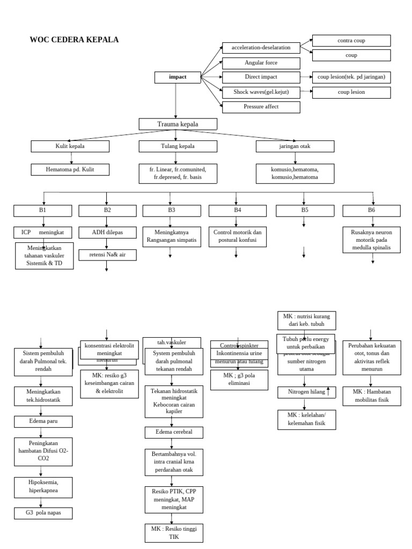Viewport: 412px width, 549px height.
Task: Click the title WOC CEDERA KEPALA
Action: tap(74, 40)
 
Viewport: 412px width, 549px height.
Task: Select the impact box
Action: tap(178, 77)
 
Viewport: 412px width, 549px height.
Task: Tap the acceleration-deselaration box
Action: tap(261, 48)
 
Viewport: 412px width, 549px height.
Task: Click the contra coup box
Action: tap(351, 41)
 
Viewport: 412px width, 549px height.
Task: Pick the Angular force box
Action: tap(261, 63)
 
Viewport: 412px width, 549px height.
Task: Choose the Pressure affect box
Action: tap(261, 107)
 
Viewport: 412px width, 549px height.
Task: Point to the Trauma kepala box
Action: tap(178, 124)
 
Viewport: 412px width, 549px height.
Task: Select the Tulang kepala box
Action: tap(178, 146)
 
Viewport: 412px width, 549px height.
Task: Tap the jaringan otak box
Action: tap(295, 146)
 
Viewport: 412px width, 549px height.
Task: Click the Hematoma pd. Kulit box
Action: tap(70, 170)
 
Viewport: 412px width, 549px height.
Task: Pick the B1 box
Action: tap(43, 210)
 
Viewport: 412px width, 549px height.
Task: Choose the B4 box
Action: tap(238, 210)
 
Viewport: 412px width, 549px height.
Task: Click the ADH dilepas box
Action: tap(107, 233)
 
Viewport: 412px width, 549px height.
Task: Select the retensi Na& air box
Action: tap(107, 255)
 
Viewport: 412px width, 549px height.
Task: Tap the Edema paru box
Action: tap(43, 421)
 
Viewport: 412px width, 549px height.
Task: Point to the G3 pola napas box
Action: tap(43, 514)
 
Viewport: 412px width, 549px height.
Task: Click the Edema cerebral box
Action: tap(172, 432)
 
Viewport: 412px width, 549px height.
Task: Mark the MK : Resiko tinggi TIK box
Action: tap(173, 532)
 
